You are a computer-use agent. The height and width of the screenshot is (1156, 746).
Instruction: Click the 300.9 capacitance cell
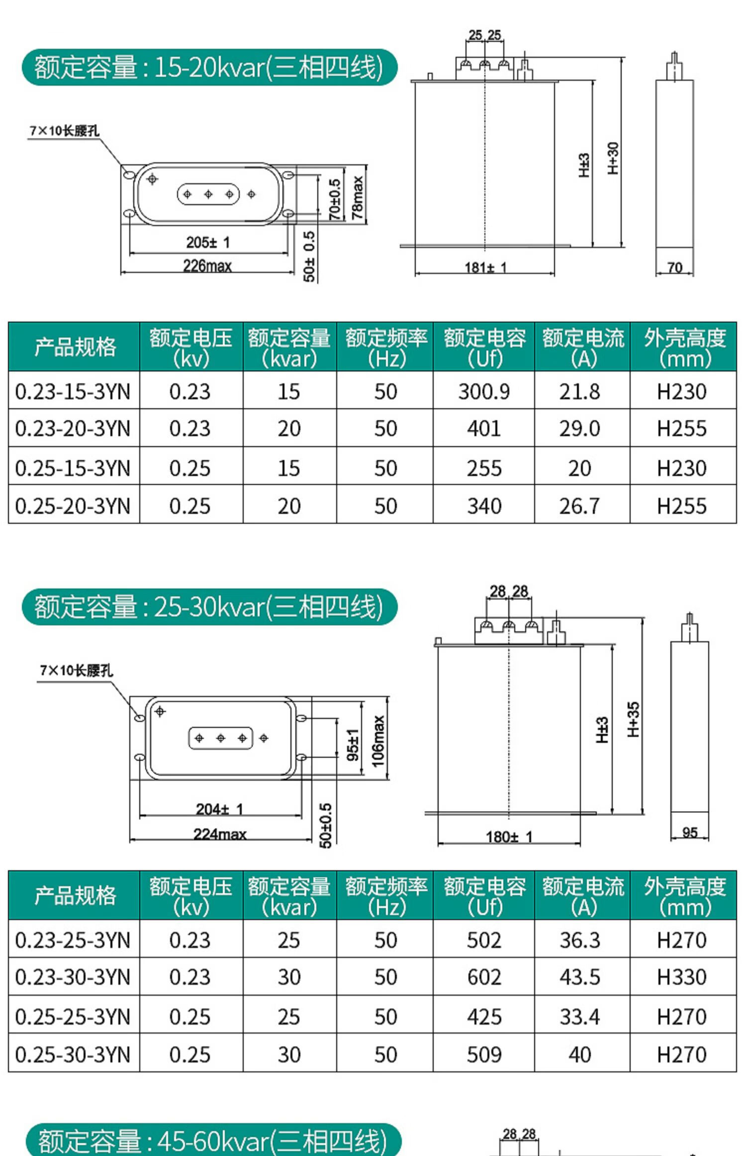click(484, 392)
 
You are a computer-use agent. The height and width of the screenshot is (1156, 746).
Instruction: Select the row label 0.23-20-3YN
click(73, 429)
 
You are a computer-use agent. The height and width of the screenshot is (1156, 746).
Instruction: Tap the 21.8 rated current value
click(580, 392)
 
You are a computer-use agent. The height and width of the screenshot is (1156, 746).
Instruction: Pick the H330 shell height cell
click(681, 977)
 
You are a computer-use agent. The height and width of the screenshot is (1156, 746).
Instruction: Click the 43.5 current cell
click(580, 977)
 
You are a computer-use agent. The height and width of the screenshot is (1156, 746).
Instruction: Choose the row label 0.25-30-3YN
click(73, 1054)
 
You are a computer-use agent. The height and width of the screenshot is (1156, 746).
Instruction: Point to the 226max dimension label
click(207, 266)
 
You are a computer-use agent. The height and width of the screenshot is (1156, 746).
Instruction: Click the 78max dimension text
click(358, 198)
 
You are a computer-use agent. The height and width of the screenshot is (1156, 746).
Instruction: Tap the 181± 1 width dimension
click(485, 268)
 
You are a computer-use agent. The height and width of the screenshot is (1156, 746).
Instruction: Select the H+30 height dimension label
click(613, 158)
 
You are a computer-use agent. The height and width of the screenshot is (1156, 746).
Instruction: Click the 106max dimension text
click(378, 741)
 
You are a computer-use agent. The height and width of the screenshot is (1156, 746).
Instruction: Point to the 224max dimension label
click(220, 834)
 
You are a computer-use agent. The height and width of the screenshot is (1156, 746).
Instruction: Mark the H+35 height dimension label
click(633, 719)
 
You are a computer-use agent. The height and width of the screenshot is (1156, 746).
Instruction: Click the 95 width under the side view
click(690, 832)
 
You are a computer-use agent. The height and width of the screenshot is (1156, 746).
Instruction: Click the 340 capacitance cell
click(484, 506)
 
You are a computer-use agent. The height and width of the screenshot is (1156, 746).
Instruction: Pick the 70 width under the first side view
click(674, 268)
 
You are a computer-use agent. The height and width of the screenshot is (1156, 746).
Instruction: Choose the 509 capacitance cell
click(484, 1054)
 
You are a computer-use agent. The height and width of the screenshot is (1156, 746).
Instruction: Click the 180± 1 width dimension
click(509, 837)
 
